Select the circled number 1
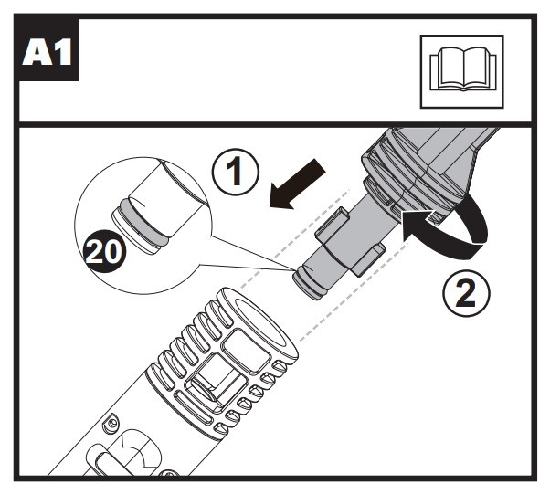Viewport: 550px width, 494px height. point(239,173)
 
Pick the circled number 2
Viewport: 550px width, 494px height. point(464,293)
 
